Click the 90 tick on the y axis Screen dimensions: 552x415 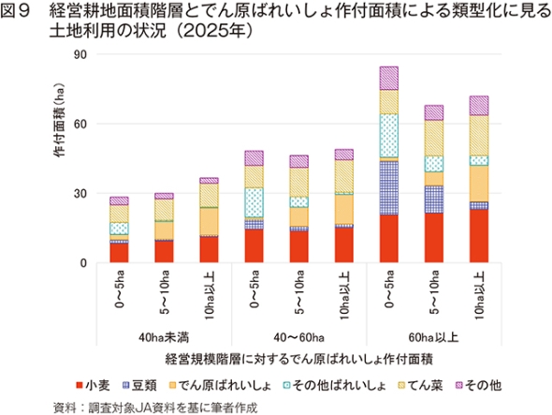[80, 54]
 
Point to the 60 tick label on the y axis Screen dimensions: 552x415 [80, 124]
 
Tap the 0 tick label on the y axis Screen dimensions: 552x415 [83, 263]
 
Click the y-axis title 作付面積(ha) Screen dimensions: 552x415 [60, 120]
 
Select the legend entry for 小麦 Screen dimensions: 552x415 [93, 385]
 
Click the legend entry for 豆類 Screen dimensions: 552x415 [139, 385]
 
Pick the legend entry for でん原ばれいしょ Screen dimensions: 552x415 [220, 385]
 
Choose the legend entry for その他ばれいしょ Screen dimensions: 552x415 [334, 385]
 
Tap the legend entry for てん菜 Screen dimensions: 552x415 [420, 385]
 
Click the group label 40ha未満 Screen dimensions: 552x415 [164, 337]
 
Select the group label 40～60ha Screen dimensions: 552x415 [298, 337]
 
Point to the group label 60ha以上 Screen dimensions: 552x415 [434, 337]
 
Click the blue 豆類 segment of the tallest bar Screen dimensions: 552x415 [389, 188]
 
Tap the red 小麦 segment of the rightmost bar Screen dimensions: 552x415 [479, 236]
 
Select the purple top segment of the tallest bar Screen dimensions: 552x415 [389, 79]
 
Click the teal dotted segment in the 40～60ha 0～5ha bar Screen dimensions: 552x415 [254, 202]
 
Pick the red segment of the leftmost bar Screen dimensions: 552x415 [119, 253]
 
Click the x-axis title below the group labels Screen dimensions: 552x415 [298, 360]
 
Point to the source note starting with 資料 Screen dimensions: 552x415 [155, 408]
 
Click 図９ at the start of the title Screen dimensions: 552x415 [16, 11]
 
